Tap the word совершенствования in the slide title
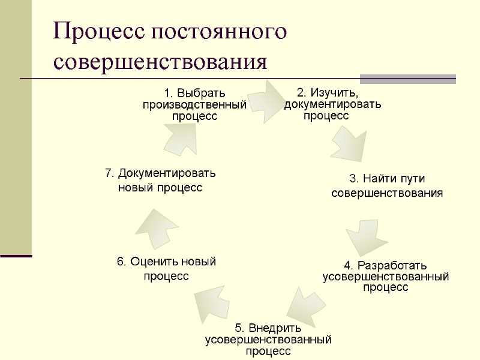coord(160,62)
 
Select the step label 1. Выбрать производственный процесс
coord(194,104)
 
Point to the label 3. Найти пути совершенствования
coord(387,186)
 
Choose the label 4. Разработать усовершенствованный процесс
coord(386,276)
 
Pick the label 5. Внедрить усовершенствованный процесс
coord(268,339)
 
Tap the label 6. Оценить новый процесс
coord(166,268)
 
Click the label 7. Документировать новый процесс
coord(160,181)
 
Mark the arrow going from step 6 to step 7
coord(155,227)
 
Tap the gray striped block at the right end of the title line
coord(407,79)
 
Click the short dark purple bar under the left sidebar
coord(16,256)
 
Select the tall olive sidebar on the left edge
coord(16,126)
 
